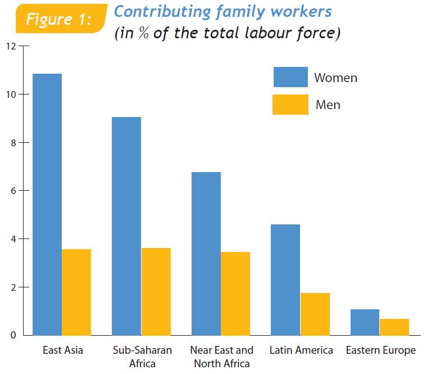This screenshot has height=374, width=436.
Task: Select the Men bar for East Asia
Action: (76, 292)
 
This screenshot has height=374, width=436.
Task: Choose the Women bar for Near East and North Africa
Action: (206, 254)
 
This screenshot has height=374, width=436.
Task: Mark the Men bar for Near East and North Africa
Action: (235, 294)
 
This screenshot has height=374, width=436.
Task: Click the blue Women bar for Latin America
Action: (285, 280)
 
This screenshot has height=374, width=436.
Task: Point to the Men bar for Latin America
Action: (315, 314)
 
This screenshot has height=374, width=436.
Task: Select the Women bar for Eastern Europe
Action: (365, 322)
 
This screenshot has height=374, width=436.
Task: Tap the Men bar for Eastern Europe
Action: (394, 327)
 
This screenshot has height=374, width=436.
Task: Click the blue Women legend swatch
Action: (290, 77)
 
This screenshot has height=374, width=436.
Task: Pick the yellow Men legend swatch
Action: (290, 105)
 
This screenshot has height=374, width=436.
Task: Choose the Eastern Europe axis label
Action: (380, 350)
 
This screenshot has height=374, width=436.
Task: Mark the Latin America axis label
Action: (301, 350)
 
